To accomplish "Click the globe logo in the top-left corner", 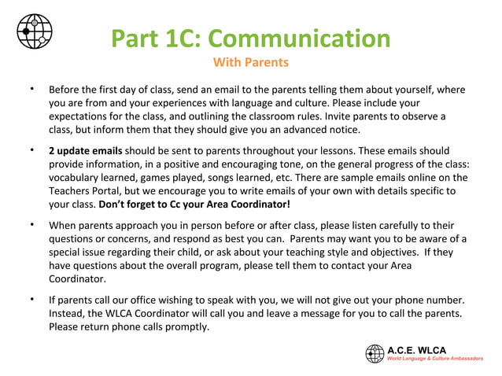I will (x=35, y=31).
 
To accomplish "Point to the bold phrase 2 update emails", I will (x=85, y=150).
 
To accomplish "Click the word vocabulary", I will (x=75, y=177).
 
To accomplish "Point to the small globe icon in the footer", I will (x=374, y=353).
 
